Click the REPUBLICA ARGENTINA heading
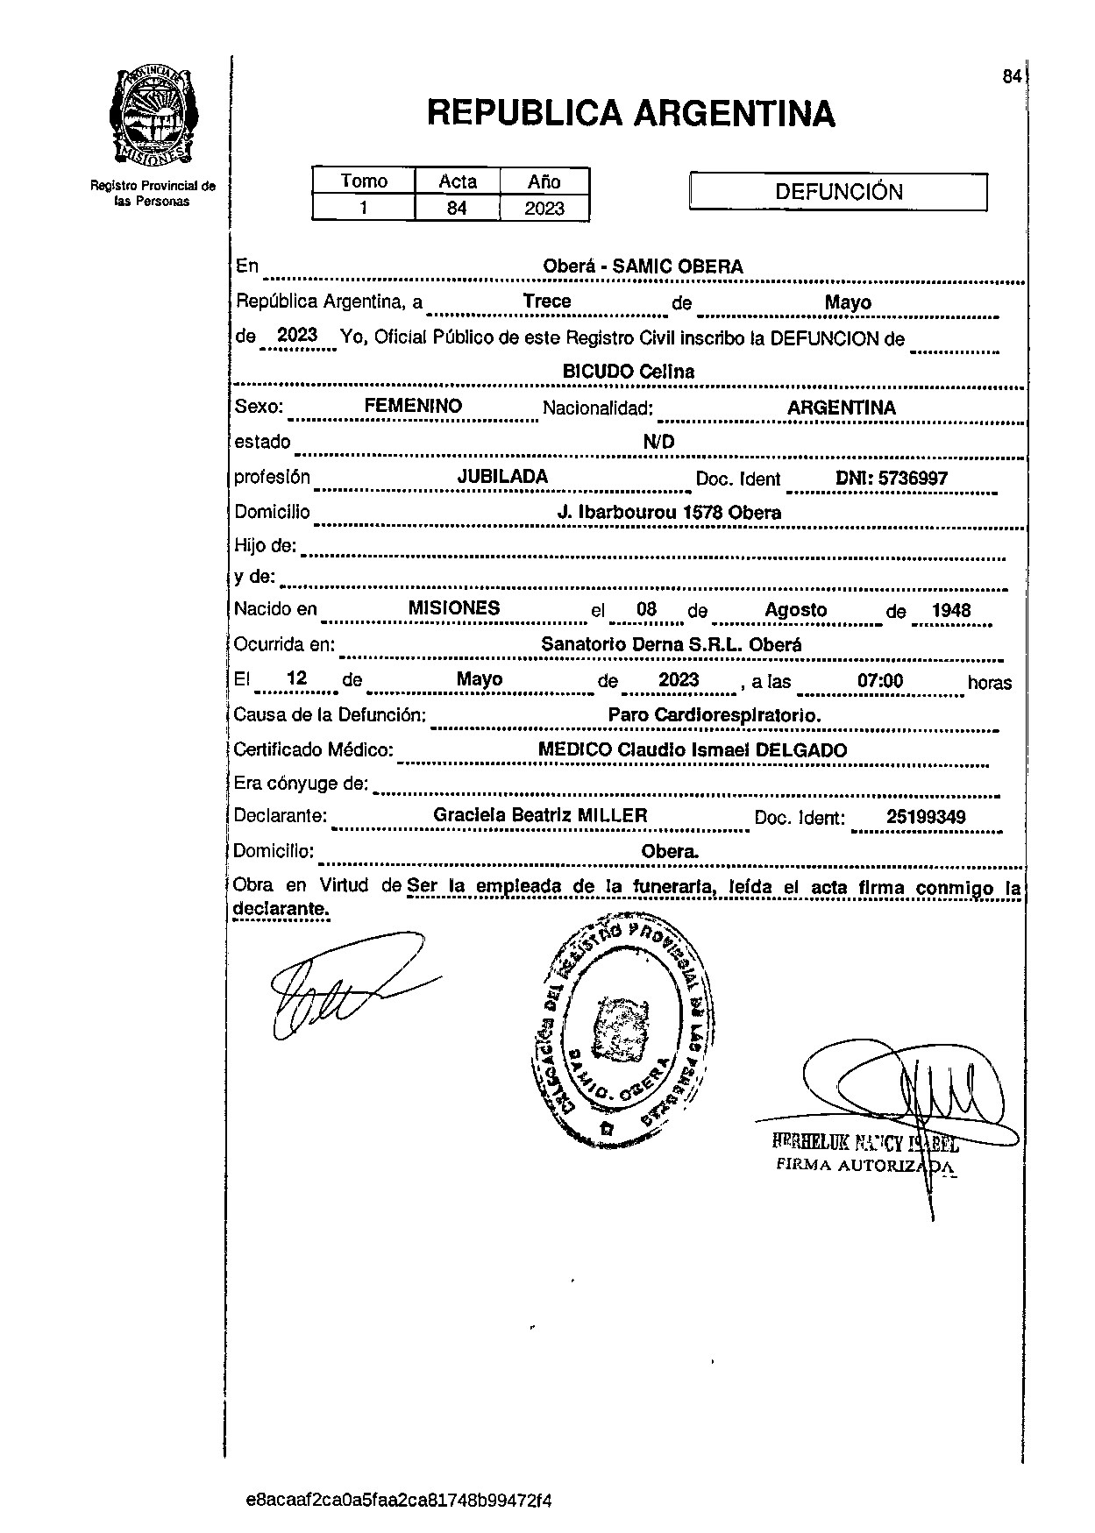click(630, 114)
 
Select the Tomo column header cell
click(364, 181)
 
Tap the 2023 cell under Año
click(544, 209)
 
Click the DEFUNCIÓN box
click(838, 192)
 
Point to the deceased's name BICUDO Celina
click(628, 372)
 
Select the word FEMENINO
click(413, 407)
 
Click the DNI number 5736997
click(912, 479)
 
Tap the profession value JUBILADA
click(502, 477)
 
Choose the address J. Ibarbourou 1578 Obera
click(669, 513)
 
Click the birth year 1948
click(951, 611)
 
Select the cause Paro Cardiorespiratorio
click(715, 715)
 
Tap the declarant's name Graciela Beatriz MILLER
click(540, 816)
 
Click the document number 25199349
click(926, 818)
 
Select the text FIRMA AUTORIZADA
click(864, 1166)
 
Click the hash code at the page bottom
click(399, 1500)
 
